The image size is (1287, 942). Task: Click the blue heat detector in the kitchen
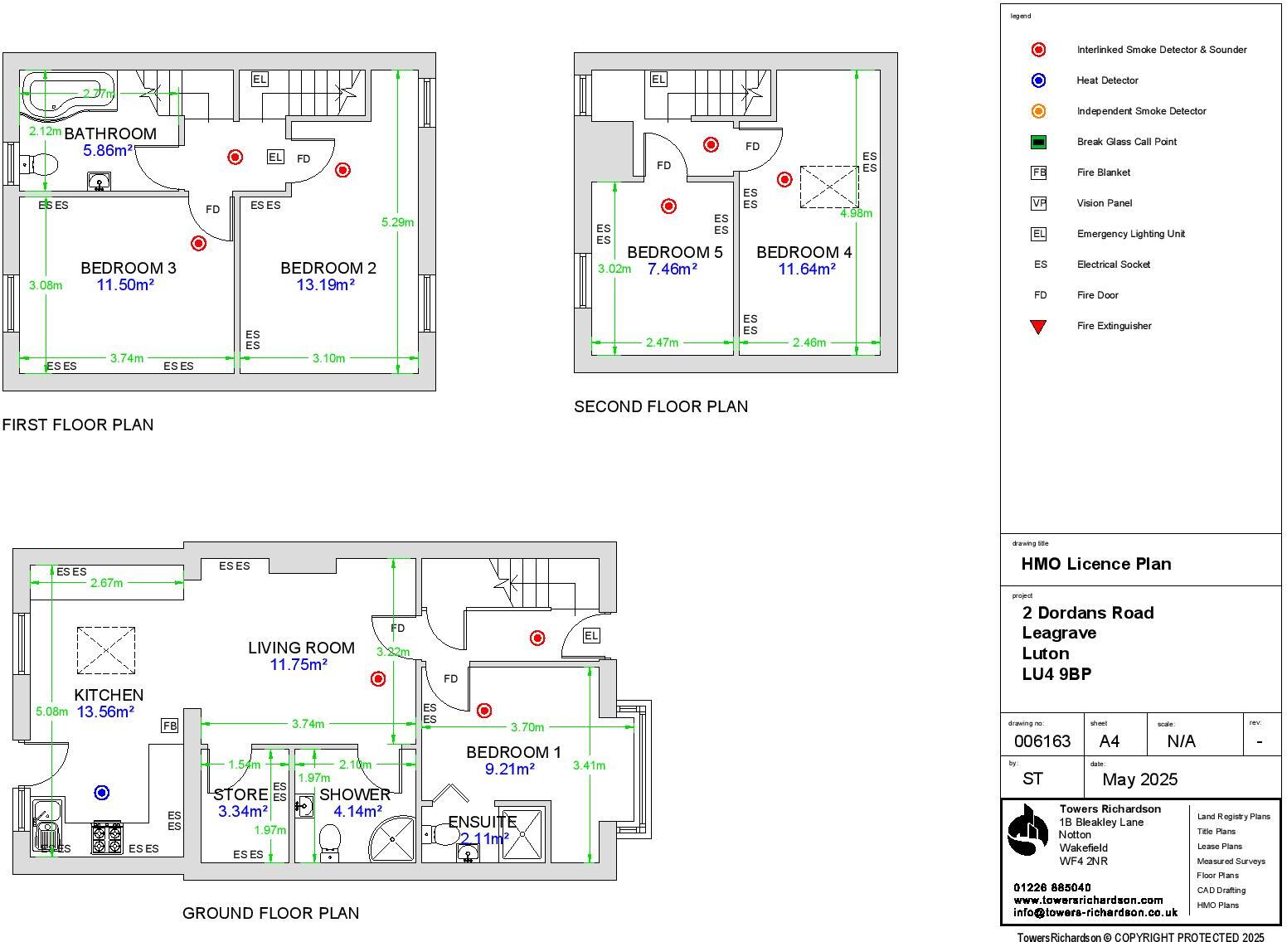[x=102, y=793]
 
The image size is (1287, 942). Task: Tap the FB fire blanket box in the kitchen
[x=169, y=726]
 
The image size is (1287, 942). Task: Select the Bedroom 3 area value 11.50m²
[x=125, y=284]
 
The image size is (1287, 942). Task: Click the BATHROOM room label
[x=109, y=134]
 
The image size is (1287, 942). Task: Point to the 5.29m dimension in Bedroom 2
[x=397, y=221]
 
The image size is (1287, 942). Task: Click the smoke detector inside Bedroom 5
[x=668, y=206]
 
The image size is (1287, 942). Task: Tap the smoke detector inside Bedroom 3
[x=198, y=243]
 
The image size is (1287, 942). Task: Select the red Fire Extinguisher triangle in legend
[x=1038, y=326]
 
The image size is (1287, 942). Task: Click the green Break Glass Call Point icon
[x=1038, y=142]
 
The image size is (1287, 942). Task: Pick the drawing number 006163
[x=1042, y=741]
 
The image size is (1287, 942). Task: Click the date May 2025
[x=1139, y=779]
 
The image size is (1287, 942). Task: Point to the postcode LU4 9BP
[x=1056, y=674]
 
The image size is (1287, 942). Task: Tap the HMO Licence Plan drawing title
[x=1095, y=564]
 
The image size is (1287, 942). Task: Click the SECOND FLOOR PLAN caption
[x=661, y=406]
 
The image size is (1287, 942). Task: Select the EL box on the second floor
[x=658, y=80]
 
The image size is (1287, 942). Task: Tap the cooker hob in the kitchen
[x=106, y=838]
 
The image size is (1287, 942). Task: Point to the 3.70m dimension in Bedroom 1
[x=527, y=727]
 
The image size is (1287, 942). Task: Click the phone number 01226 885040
[x=1051, y=887]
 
